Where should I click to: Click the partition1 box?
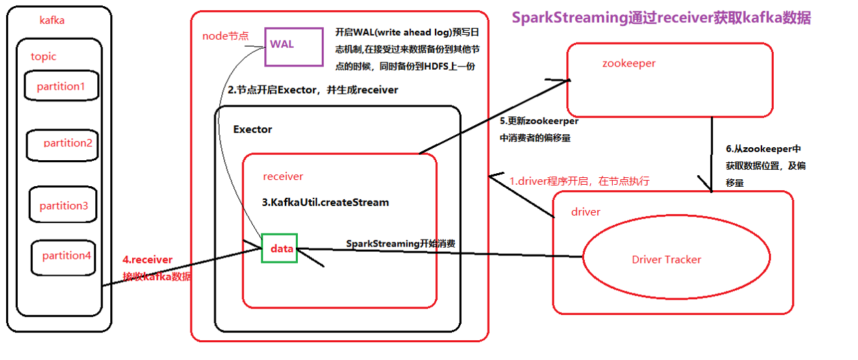tap(62, 87)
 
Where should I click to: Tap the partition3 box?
tap(63, 205)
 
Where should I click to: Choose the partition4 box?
tap(66, 255)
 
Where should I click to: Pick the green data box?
tap(279, 248)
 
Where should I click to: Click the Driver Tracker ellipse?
tap(666, 259)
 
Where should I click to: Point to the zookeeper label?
tap(629, 63)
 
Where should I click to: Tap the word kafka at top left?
tap(53, 21)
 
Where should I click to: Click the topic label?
tap(44, 56)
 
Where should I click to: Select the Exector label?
tap(253, 129)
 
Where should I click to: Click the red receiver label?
tap(283, 176)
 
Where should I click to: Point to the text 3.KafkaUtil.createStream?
tap(325, 202)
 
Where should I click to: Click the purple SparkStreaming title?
tap(661, 18)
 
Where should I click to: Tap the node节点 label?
tap(225, 36)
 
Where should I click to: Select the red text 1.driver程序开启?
tap(579, 181)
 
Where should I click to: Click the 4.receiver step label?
tap(148, 260)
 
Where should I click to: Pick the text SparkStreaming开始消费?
tap(401, 243)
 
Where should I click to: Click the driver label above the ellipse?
tap(585, 212)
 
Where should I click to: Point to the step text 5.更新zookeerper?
tap(539, 121)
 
